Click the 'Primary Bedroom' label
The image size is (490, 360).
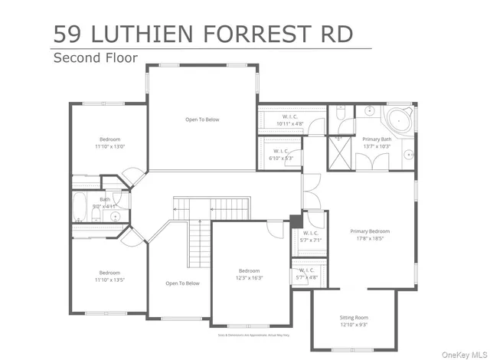coord(370,231)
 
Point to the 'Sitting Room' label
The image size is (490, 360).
coord(354,317)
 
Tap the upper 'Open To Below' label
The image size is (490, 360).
coord(202,119)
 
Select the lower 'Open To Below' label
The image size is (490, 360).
coord(182,283)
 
